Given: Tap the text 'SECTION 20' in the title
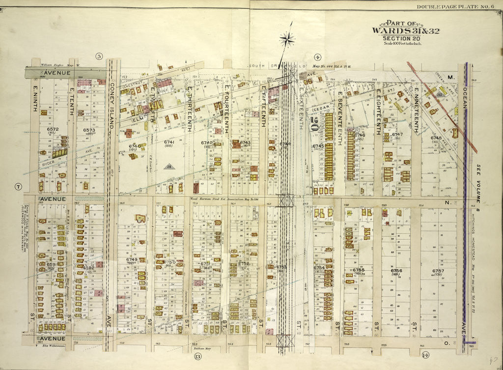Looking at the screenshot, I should pos(405,39).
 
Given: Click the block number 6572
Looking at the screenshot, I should pos(53,129).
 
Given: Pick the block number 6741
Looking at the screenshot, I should pos(169,142).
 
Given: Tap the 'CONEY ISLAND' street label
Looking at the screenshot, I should pos(112,106).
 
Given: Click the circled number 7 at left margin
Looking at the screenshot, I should pos(18,186).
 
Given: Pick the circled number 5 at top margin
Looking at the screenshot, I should pos(99,57).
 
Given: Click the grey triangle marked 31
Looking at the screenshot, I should pos(168,167).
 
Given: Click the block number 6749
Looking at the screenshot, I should pos(132,259).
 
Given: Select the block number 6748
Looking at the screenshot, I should pos(436,138).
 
